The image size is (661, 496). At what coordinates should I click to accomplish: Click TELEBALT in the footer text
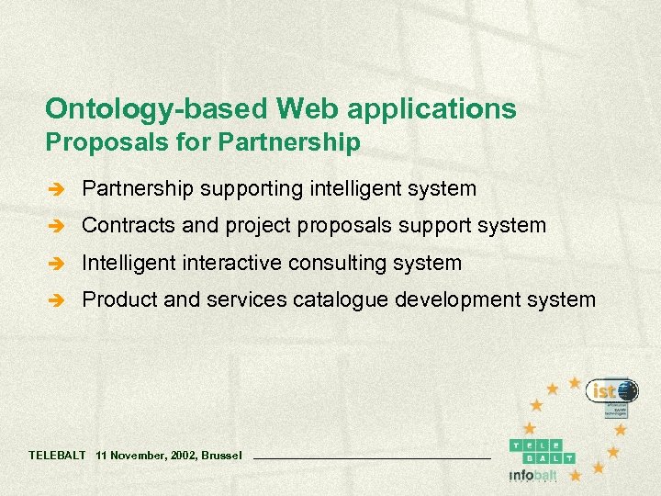(x=57, y=455)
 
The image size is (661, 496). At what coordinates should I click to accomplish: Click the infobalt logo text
(x=532, y=476)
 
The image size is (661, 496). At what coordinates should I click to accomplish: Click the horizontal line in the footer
(x=371, y=457)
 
